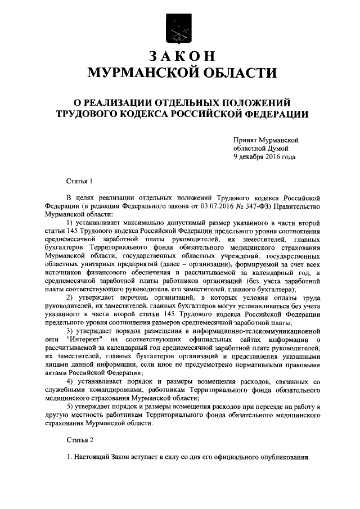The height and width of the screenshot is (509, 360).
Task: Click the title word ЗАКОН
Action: pos(179,56)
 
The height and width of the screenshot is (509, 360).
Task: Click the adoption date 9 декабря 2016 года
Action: pos(264,157)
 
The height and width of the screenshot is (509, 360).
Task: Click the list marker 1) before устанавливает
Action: pos(70,224)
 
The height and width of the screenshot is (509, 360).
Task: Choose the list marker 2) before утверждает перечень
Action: pos(70,296)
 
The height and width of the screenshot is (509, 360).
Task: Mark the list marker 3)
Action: pos(70,332)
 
